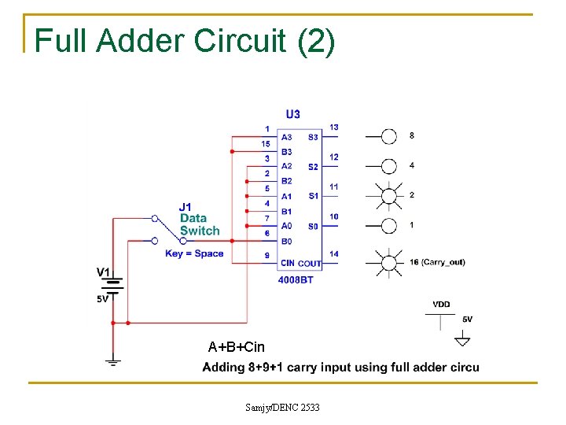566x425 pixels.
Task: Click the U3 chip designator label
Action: [x=292, y=115]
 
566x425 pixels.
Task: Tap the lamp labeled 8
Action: [x=388, y=136]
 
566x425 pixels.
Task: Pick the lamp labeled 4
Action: [x=388, y=166]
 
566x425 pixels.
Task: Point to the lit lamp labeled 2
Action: [x=388, y=195]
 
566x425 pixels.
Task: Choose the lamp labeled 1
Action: [x=388, y=226]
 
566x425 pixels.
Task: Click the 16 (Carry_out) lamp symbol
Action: [x=388, y=262]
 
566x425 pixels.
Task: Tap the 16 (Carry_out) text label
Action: [x=437, y=262]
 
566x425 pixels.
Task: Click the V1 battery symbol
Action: [x=113, y=283]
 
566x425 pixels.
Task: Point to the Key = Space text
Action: [x=194, y=253]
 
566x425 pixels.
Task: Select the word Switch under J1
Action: [x=200, y=231]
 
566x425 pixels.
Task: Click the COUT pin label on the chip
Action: [x=310, y=264]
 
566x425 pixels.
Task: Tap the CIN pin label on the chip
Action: [x=288, y=264]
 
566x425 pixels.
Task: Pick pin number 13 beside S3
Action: [x=334, y=128]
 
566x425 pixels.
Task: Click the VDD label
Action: [x=441, y=305]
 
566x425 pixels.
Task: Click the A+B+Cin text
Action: [x=236, y=347]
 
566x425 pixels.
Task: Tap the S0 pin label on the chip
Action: [x=313, y=227]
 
